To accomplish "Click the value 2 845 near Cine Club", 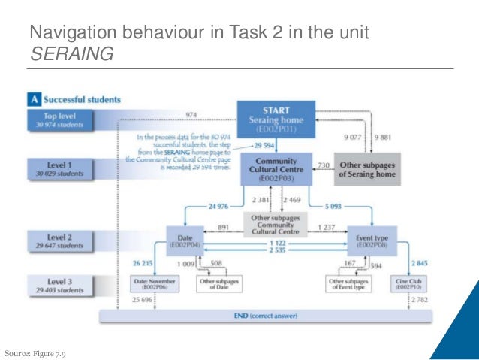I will tap(420, 263).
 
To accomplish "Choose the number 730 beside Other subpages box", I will tap(324, 164).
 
